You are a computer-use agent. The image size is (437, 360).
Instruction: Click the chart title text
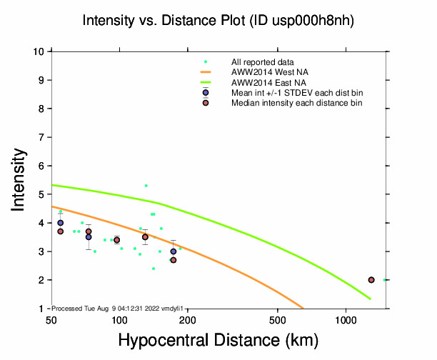pyautogui.click(x=218, y=21)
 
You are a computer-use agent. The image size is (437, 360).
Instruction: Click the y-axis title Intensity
pyautogui.click(x=19, y=179)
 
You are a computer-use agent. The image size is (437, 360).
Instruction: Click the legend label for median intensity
pyautogui.click(x=296, y=104)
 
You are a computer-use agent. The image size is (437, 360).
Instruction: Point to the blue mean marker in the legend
pyautogui.click(x=206, y=94)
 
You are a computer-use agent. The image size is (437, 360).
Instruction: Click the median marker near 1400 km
pyautogui.click(x=371, y=280)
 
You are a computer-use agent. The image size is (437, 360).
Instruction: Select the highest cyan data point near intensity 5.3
pyautogui.click(x=146, y=186)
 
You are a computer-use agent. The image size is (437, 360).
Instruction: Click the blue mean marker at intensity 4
pyautogui.click(x=61, y=223)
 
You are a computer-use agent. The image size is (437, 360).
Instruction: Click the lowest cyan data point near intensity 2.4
pyautogui.click(x=154, y=269)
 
